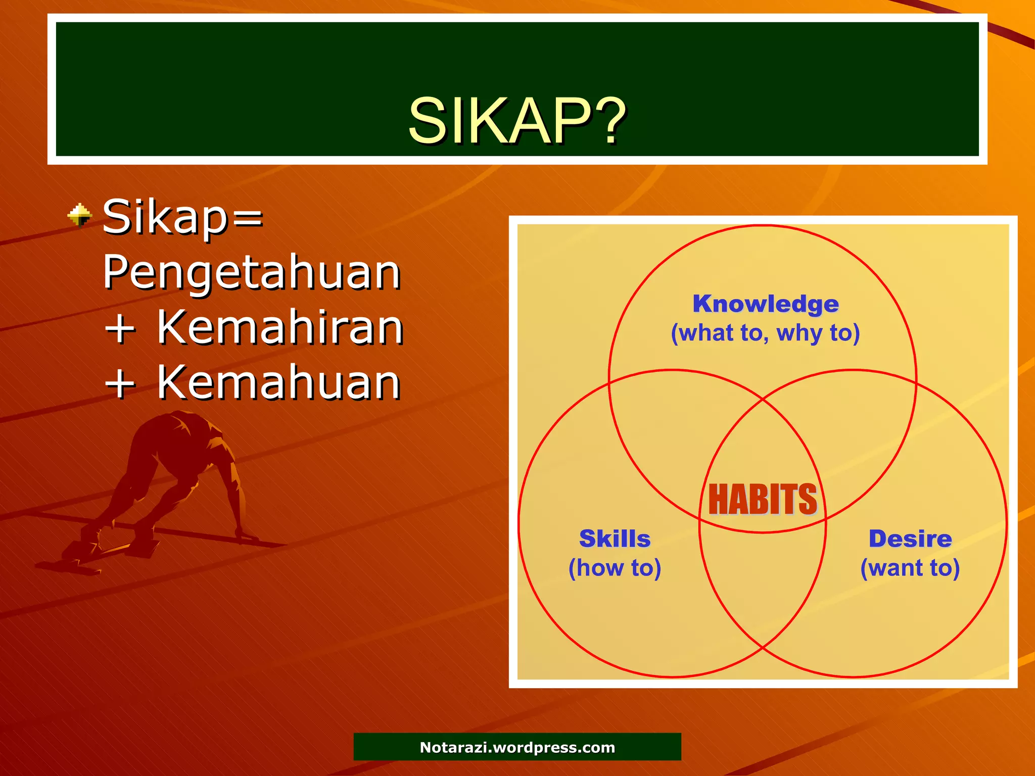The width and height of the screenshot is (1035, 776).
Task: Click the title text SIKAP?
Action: tap(516, 121)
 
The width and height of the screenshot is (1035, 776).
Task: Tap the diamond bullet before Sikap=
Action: tap(80, 216)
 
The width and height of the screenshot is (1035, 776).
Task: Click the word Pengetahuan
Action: tap(252, 273)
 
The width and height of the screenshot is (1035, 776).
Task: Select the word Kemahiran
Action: tap(279, 327)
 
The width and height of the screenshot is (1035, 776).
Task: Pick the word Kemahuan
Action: tap(278, 382)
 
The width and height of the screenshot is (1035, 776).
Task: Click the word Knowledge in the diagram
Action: tap(765, 304)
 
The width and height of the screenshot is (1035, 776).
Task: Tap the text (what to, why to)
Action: tap(765, 333)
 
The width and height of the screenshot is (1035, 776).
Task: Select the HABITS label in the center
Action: tap(762, 499)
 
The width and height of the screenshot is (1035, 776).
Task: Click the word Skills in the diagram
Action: tap(615, 539)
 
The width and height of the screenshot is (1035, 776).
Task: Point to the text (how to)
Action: tap(615, 568)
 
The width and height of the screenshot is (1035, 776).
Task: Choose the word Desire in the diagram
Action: tap(910, 539)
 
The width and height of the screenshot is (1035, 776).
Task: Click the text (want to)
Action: tap(910, 568)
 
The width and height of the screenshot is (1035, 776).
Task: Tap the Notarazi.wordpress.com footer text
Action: tap(517, 747)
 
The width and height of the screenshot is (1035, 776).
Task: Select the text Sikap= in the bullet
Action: tap(183, 217)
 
